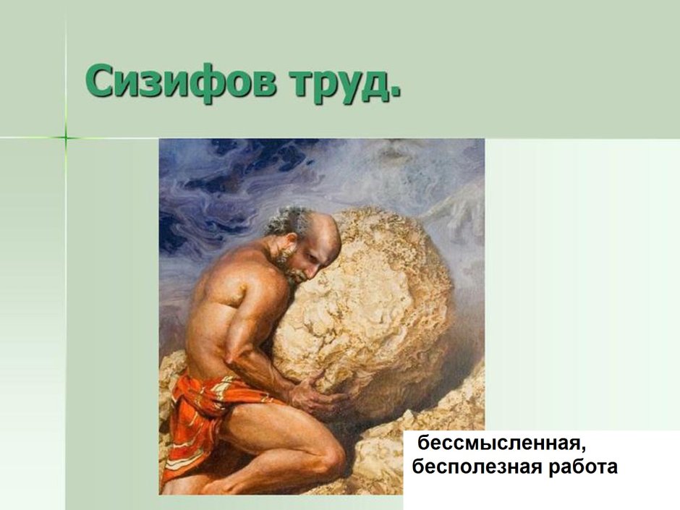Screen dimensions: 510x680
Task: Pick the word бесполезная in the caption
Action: pos(471,467)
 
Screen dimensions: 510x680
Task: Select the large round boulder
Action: pos(376,304)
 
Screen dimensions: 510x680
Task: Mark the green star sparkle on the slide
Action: pos(65,136)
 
